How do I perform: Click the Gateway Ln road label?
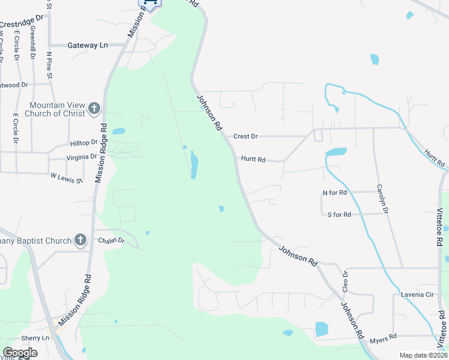pos(88,45)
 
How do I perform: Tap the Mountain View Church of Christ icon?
pos(94,109)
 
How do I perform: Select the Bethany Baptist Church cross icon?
pos(80,241)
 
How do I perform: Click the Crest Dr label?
pos(246,136)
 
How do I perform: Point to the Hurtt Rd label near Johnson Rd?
pos(253,160)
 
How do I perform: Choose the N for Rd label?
pos(335,193)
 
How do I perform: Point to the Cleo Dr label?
pos(345,281)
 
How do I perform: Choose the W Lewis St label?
pos(66,177)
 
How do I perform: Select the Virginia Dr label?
pos(81,157)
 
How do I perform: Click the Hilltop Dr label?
pos(83,143)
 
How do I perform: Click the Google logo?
pos(20,353)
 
